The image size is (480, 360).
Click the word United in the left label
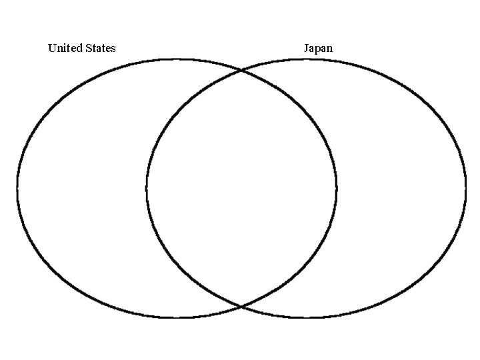[x=65, y=48]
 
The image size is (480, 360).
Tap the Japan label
[x=318, y=48]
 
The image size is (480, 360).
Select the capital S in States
[x=89, y=48]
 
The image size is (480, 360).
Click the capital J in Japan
[x=306, y=48]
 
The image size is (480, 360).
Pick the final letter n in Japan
[x=329, y=49]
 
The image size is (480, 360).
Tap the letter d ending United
[x=80, y=48]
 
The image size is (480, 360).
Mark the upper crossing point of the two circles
[x=241, y=69]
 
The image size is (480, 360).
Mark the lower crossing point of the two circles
[x=241, y=306]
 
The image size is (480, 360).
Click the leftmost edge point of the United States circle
[x=17, y=188]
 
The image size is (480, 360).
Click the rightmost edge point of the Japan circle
[x=465, y=188]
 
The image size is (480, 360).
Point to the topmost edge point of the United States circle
[x=177, y=59]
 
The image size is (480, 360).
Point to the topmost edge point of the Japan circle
[x=306, y=59]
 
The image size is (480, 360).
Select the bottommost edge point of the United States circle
[x=177, y=317]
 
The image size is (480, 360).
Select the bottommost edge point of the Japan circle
[x=306, y=317]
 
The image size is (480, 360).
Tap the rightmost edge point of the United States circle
[x=336, y=188]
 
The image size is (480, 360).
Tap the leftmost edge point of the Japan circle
[x=147, y=188]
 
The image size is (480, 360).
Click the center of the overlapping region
[x=241, y=188]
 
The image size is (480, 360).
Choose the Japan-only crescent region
[x=400, y=188]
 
